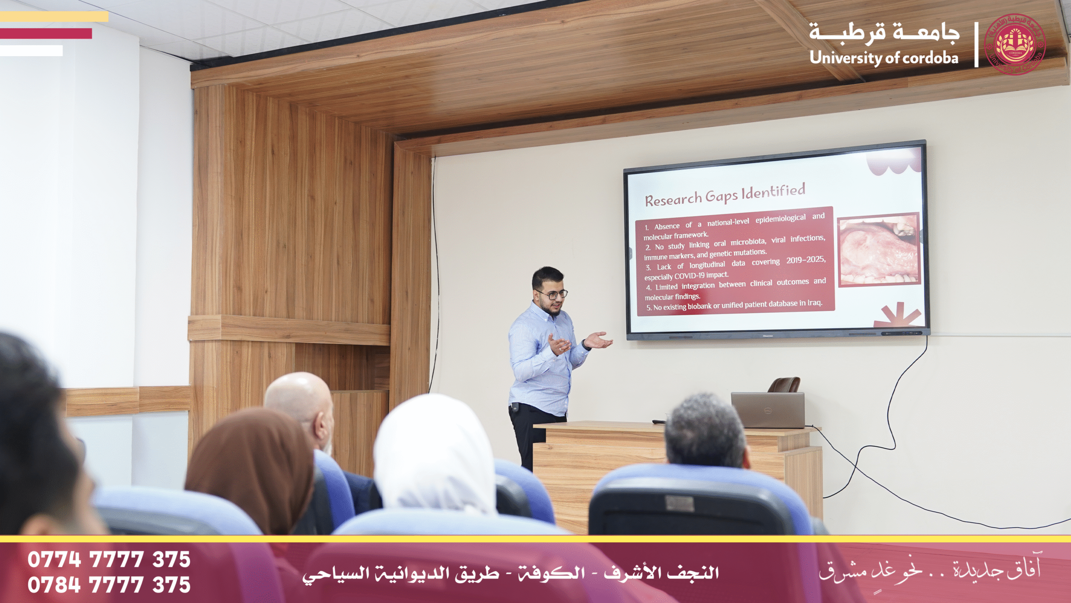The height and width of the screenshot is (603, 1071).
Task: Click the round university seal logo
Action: [1015, 44]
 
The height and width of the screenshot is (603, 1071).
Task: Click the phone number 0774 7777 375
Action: [109, 559]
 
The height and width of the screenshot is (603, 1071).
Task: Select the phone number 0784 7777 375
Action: [109, 585]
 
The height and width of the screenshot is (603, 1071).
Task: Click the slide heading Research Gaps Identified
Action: [725, 195]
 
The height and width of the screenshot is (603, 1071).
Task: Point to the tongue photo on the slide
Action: [879, 250]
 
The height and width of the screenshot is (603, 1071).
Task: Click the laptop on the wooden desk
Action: [768, 410]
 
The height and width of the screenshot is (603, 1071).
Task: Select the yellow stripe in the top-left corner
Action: [54, 17]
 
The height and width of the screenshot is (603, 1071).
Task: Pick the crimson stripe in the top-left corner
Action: [46, 33]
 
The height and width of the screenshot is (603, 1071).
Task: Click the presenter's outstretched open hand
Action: [599, 340]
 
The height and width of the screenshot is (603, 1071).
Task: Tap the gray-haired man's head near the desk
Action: [705, 431]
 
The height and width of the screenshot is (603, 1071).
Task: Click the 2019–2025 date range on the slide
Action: [806, 260]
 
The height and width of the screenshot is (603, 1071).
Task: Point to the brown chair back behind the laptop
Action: [785, 384]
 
